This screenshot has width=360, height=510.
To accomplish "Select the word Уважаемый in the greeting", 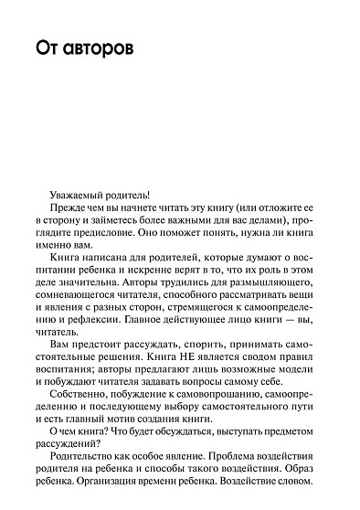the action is [x=84, y=195].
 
